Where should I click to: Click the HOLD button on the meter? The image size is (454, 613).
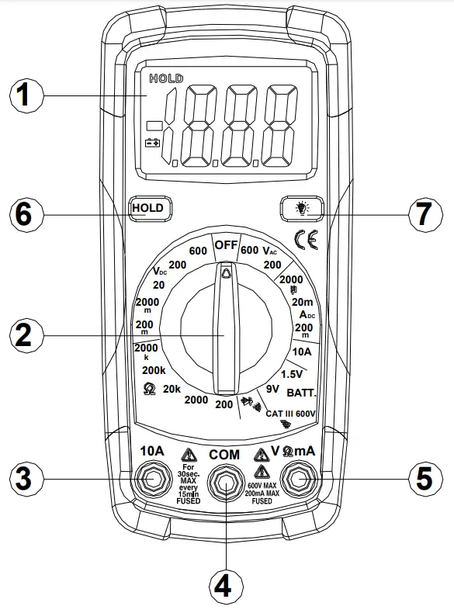[x=147, y=208]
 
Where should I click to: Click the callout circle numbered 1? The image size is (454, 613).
[x=25, y=96]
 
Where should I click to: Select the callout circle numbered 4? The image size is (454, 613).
[x=223, y=587]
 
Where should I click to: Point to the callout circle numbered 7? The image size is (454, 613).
[x=423, y=213]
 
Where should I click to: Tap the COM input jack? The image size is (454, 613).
[x=224, y=483]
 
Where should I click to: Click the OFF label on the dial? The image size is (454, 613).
[x=225, y=244]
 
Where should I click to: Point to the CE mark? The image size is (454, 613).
[x=305, y=237]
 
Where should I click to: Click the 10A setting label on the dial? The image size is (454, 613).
[x=302, y=351]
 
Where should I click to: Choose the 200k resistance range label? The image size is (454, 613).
[x=154, y=370]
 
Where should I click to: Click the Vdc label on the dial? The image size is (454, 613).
[x=159, y=271]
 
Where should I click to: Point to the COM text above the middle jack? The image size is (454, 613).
[x=224, y=454]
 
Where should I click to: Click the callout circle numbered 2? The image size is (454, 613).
[x=25, y=335]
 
